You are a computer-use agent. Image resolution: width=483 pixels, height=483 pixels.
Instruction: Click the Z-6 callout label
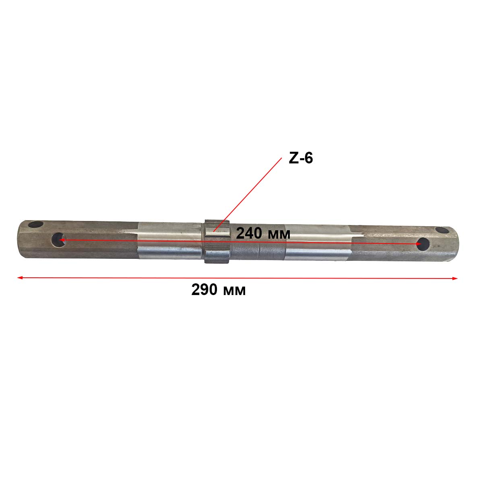click(301, 159)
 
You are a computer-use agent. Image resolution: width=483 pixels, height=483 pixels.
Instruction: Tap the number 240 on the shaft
click(249, 233)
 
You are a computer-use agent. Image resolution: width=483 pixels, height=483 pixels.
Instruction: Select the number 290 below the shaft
click(204, 290)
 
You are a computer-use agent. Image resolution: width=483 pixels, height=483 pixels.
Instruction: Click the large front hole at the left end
click(58, 239)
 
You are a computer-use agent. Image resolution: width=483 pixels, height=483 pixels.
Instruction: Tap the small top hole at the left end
click(35, 224)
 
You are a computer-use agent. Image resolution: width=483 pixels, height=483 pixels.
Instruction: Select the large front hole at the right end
click(423, 244)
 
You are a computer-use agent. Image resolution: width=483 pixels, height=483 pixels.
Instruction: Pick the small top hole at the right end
click(442, 230)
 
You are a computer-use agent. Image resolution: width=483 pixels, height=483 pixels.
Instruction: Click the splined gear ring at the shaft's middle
click(217, 242)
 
